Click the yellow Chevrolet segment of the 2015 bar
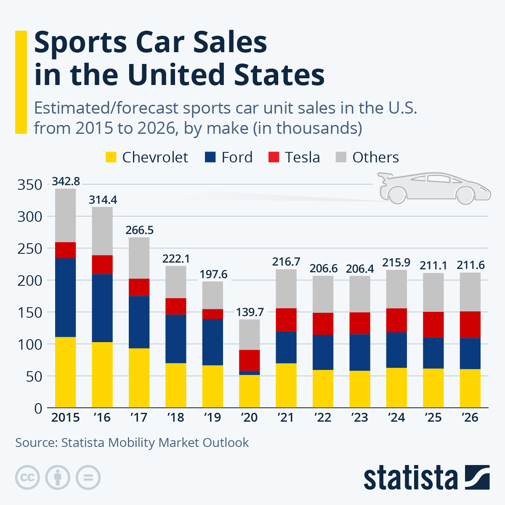click(65, 372)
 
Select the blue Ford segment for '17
click(139, 322)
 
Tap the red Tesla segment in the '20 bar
click(249, 360)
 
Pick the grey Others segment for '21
click(286, 289)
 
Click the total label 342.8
click(66, 181)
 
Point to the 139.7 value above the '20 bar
click(250, 312)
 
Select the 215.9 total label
click(396, 262)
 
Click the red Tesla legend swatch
click(274, 157)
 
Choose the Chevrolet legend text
click(155, 157)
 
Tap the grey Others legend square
click(341, 157)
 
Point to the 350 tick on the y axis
click(29, 185)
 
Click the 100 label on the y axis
click(29, 344)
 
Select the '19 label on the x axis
click(213, 417)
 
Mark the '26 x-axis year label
click(470, 417)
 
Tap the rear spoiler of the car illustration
click(384, 177)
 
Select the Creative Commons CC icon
click(27, 477)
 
